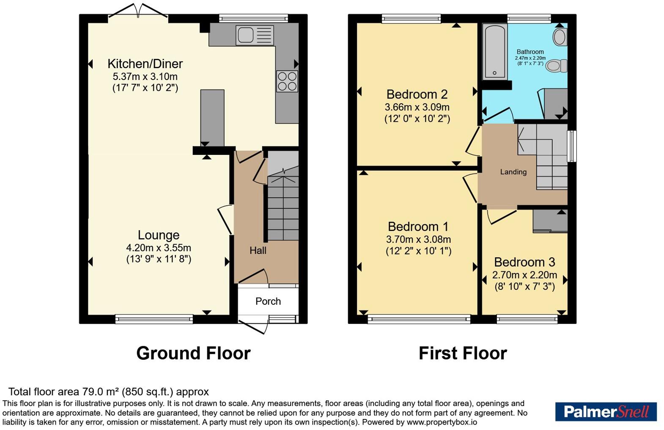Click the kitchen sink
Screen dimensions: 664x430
pyautogui.click(x=255, y=36)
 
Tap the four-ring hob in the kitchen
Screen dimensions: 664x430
pyautogui.click(x=287, y=81)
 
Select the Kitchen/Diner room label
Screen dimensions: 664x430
pyautogui.click(x=145, y=64)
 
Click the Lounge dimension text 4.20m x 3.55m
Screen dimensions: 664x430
pyautogui.click(x=159, y=248)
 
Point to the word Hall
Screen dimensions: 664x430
pyautogui.click(x=258, y=251)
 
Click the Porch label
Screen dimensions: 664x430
pyautogui.click(x=268, y=301)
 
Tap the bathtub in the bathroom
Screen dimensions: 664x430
pyautogui.click(x=495, y=52)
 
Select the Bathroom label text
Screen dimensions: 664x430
pyautogui.click(x=530, y=52)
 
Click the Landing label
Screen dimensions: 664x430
pyautogui.click(x=513, y=172)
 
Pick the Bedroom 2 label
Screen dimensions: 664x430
pyautogui.click(x=417, y=94)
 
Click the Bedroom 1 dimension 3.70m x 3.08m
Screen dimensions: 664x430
pyautogui.click(x=418, y=239)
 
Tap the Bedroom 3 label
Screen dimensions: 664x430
pyautogui.click(x=525, y=262)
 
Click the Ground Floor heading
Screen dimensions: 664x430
pyautogui.click(x=194, y=353)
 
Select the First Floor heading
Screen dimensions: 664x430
pyautogui.click(x=463, y=353)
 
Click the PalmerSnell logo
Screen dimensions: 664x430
pyautogui.click(x=606, y=412)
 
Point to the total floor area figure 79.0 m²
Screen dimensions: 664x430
pyautogui.click(x=99, y=392)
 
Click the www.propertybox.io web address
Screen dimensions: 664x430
pyautogui.click(x=442, y=422)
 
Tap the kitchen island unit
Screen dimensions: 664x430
pyautogui.click(x=212, y=118)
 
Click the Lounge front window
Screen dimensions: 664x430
pyautogui.click(x=154, y=320)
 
